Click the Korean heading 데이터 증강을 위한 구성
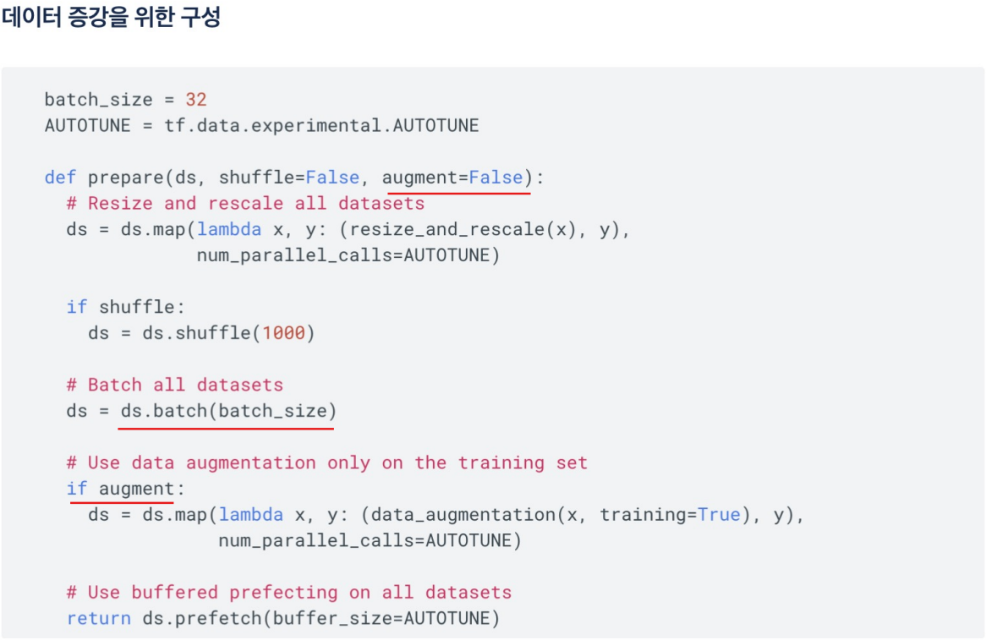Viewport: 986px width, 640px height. [111, 18]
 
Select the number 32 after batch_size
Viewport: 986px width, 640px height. [196, 100]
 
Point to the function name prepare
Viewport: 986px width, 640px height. [126, 178]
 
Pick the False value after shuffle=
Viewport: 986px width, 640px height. [332, 178]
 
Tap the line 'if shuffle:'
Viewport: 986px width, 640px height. [125, 307]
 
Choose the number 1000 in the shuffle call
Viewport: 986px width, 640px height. [283, 333]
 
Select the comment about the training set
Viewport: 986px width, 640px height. [326, 462]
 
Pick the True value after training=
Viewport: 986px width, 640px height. [719, 515]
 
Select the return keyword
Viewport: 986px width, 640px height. [98, 619]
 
